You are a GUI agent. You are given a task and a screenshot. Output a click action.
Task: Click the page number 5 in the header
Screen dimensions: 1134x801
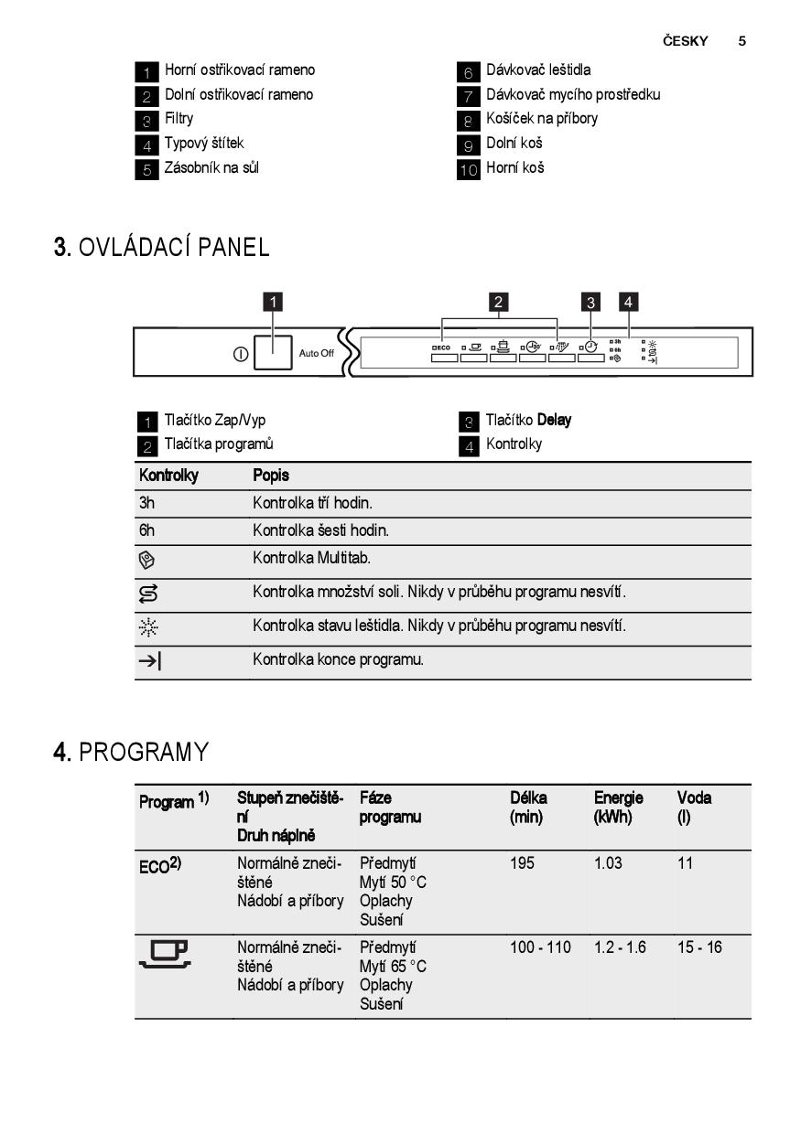tap(742, 41)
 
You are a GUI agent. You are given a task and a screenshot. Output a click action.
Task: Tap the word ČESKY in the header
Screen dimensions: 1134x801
tap(686, 41)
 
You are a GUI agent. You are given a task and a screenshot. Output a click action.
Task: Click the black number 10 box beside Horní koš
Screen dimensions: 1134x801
tap(469, 169)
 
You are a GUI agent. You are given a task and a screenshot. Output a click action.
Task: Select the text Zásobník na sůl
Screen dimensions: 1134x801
tap(211, 168)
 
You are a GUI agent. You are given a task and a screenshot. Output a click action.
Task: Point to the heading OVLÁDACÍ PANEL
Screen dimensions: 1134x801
tap(174, 247)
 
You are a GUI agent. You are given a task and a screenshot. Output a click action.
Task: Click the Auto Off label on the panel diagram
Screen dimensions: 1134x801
tap(317, 354)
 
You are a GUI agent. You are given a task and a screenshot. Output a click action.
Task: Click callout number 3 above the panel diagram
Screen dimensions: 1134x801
tap(591, 302)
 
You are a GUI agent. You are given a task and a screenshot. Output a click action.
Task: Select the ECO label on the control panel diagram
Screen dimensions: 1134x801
tap(442, 348)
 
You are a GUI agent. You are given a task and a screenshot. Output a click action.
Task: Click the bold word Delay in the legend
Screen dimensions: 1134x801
tap(555, 420)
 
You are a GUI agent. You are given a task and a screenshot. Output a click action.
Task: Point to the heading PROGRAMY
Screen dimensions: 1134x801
tap(144, 753)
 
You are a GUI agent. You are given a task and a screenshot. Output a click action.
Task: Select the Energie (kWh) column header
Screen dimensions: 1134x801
tap(618, 806)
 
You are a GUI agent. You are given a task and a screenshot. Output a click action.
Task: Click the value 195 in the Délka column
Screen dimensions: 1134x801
tap(522, 862)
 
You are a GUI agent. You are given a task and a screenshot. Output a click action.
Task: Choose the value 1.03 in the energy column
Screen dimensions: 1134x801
tap(608, 862)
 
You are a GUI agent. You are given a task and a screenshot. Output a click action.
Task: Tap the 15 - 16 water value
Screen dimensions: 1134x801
tap(699, 947)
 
